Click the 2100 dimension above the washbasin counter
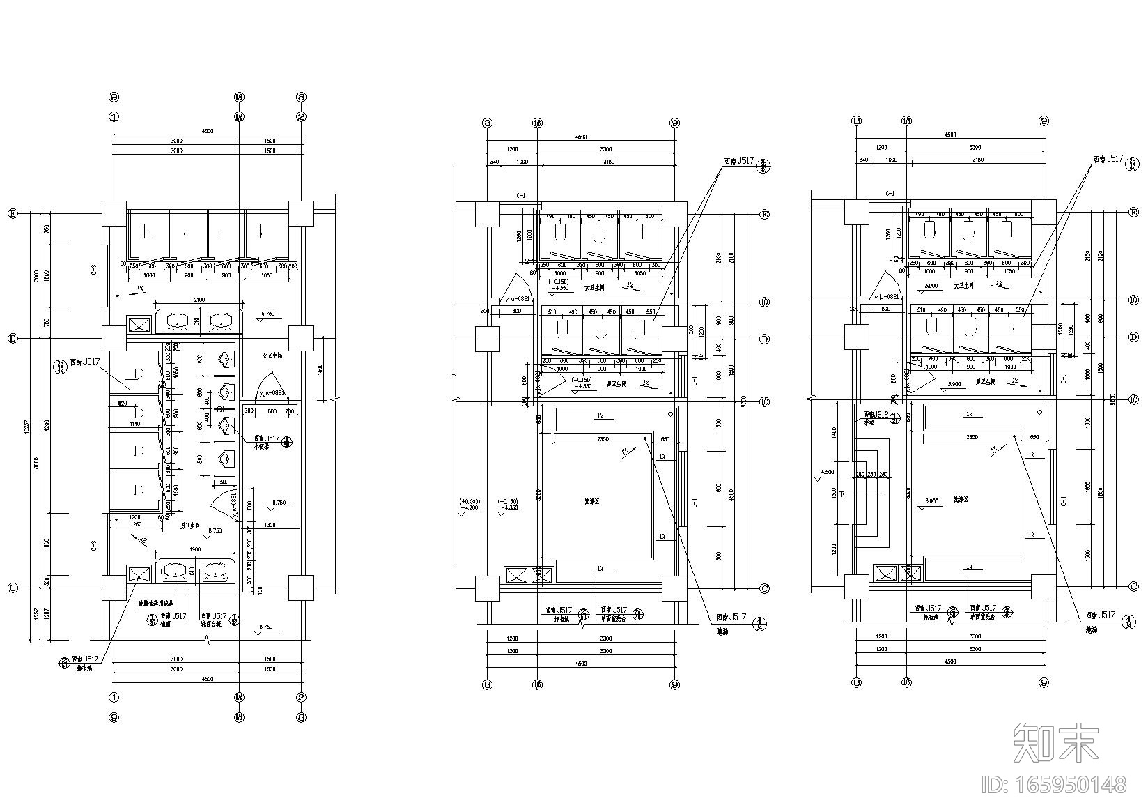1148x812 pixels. [x=199, y=299]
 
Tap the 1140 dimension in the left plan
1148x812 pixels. [x=134, y=423]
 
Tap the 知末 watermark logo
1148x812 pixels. [x=1056, y=743]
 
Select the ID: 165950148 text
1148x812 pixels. [x=1053, y=786]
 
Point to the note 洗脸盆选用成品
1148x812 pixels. [x=156, y=603]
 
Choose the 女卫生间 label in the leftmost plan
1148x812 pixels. [x=267, y=355]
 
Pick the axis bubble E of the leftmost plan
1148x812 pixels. [x=12, y=214]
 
